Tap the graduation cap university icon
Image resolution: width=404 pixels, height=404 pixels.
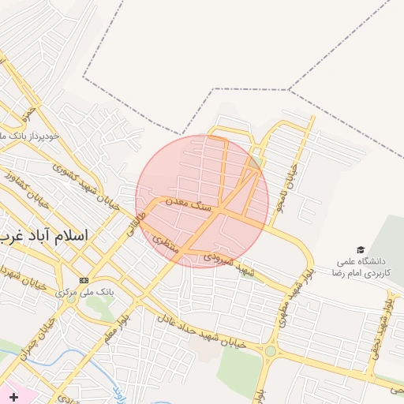tap(361, 249)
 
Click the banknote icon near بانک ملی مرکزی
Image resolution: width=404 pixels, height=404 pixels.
tap(84, 280)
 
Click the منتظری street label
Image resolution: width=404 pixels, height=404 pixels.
tap(167, 245)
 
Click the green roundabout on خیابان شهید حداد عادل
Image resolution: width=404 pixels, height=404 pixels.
tap(271, 350)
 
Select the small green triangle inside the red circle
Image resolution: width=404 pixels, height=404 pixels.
tap(257, 163)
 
